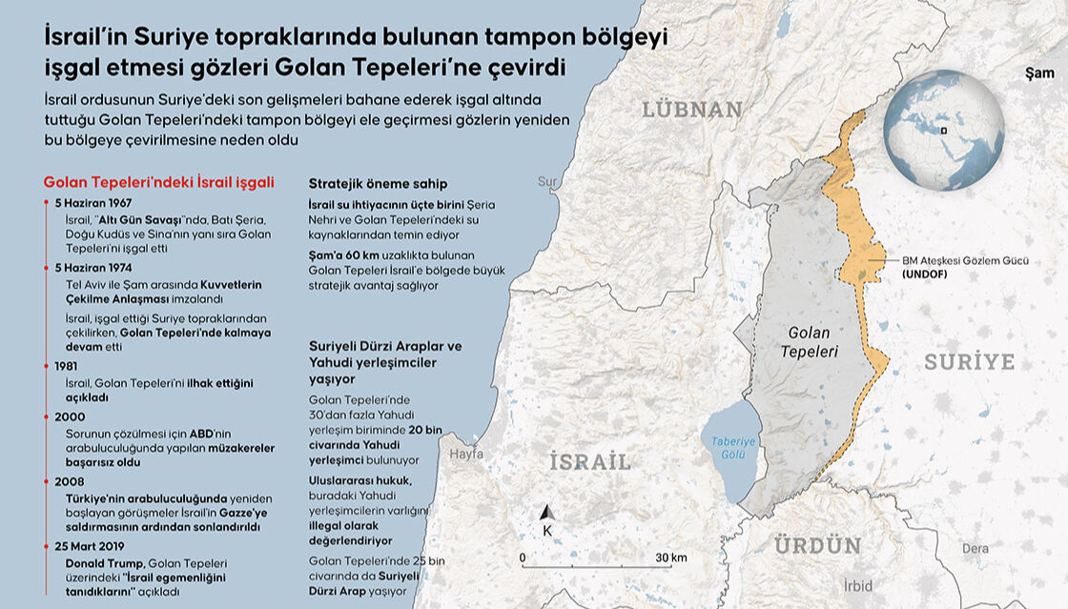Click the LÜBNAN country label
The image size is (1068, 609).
(691, 110)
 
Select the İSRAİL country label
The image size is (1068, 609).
(589, 462)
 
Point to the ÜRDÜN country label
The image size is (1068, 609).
(817, 546)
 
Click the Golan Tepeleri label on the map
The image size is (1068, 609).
(809, 342)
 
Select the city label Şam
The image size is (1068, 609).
(1039, 72)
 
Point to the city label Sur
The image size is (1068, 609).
(547, 181)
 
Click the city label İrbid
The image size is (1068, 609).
(857, 585)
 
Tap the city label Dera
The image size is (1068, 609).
(975, 548)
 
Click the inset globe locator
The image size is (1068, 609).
(942, 131)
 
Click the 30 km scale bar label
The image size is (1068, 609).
(671, 558)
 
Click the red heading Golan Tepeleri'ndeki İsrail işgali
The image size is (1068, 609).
(159, 182)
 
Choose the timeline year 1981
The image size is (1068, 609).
(67, 365)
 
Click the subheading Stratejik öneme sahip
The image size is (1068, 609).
(378, 183)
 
